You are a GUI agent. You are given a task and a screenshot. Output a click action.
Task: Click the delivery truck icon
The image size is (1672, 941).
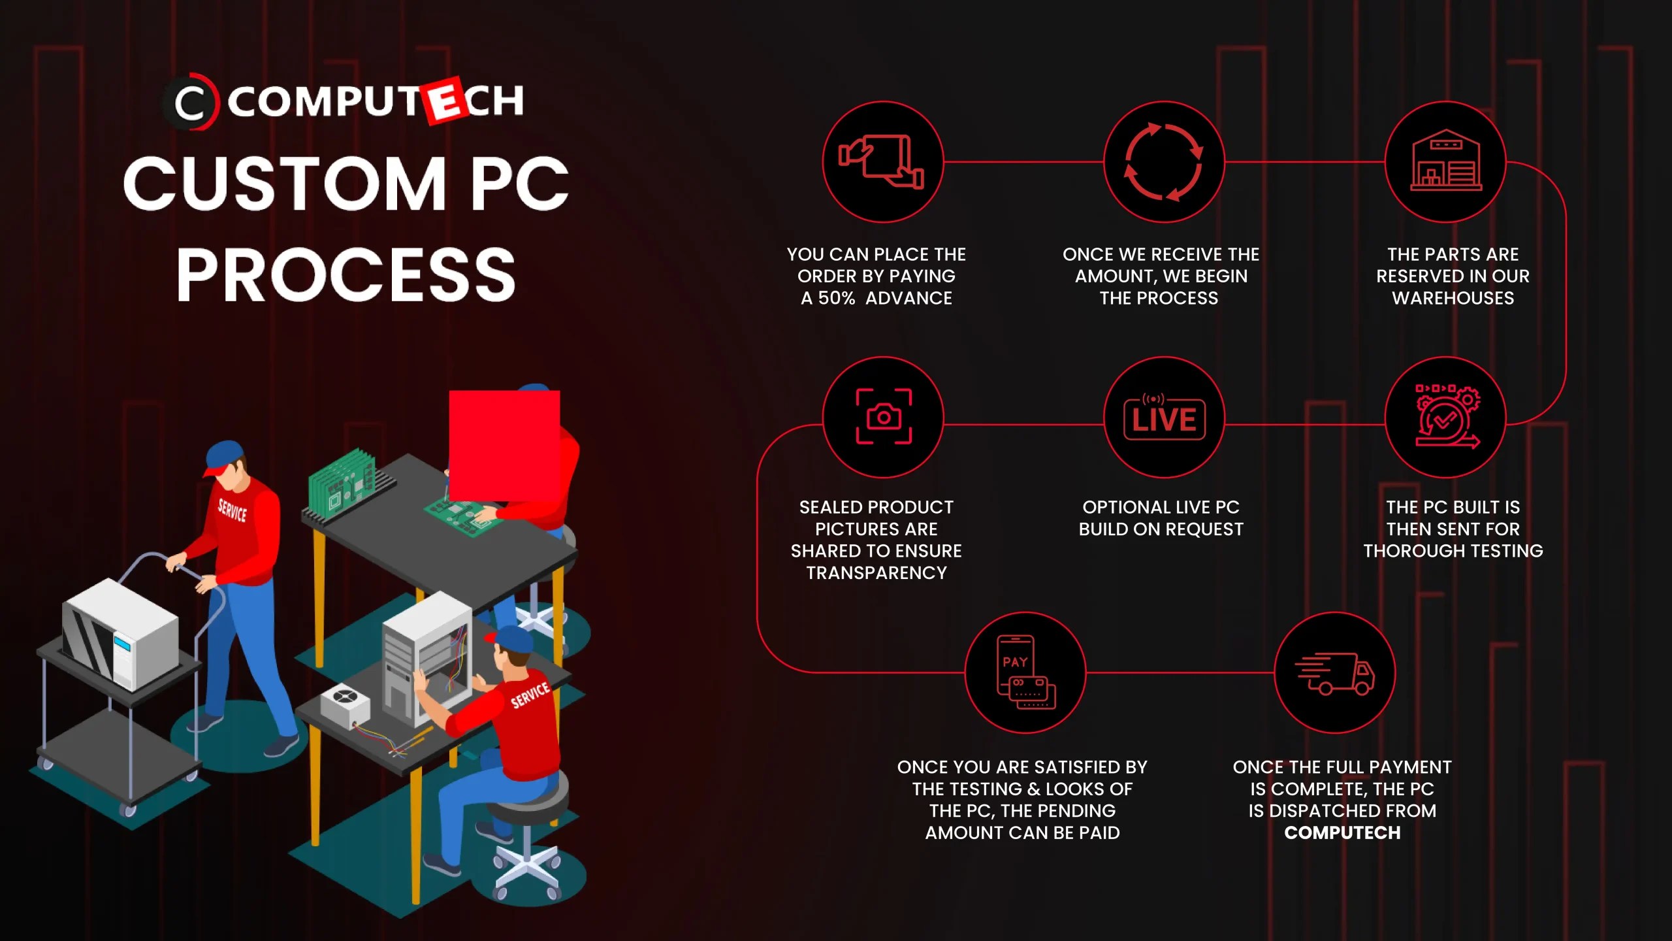click(1334, 672)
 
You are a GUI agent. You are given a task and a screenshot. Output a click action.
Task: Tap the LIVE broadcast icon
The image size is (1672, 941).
click(1164, 418)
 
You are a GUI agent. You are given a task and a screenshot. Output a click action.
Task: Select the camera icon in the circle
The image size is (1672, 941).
click(883, 417)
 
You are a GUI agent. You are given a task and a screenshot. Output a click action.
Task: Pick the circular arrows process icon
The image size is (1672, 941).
click(1163, 162)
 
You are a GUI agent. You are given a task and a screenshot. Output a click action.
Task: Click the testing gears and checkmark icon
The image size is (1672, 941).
click(1446, 417)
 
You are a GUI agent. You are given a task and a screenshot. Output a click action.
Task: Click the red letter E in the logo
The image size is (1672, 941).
click(445, 101)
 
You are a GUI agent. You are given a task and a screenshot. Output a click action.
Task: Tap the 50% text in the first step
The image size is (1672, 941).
click(836, 299)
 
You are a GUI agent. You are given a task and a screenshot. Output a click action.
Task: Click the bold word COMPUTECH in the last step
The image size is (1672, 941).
click(1342, 833)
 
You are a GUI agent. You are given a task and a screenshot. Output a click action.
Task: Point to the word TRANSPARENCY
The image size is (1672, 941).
click(876, 573)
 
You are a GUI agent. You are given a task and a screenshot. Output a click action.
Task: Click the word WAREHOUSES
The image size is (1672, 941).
click(1453, 299)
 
